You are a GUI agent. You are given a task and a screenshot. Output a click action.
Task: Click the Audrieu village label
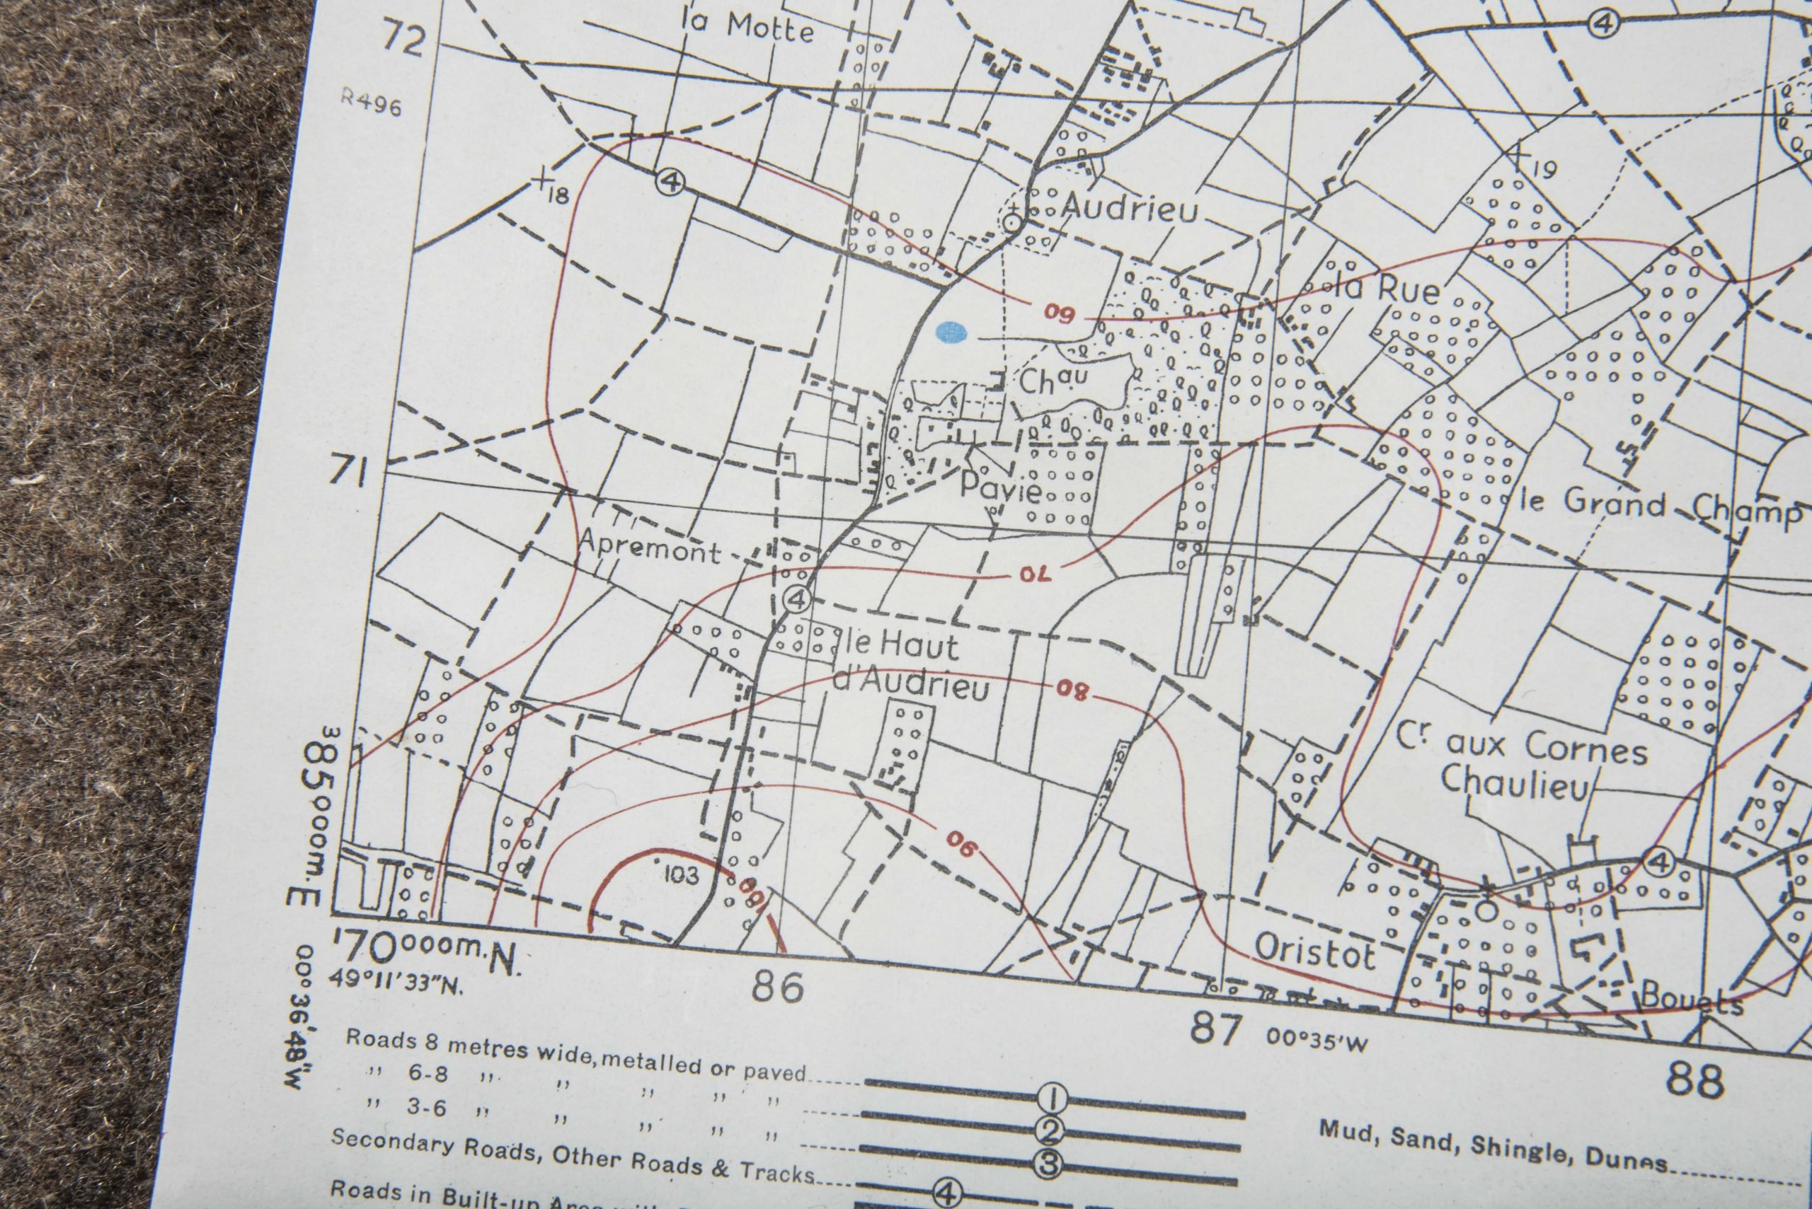tap(1130, 207)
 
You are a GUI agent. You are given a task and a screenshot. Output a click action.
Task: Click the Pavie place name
tap(1001, 488)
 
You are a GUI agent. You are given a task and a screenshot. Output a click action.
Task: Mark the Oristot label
tap(1314, 953)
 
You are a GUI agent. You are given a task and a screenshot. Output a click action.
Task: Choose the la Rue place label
tap(1386, 289)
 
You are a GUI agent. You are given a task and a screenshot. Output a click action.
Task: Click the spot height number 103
tap(680, 874)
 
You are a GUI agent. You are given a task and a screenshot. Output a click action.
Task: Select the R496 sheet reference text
tap(372, 102)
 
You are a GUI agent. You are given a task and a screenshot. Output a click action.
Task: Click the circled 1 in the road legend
tap(1053, 1097)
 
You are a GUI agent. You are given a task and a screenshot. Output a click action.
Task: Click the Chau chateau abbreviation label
tap(1053, 380)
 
